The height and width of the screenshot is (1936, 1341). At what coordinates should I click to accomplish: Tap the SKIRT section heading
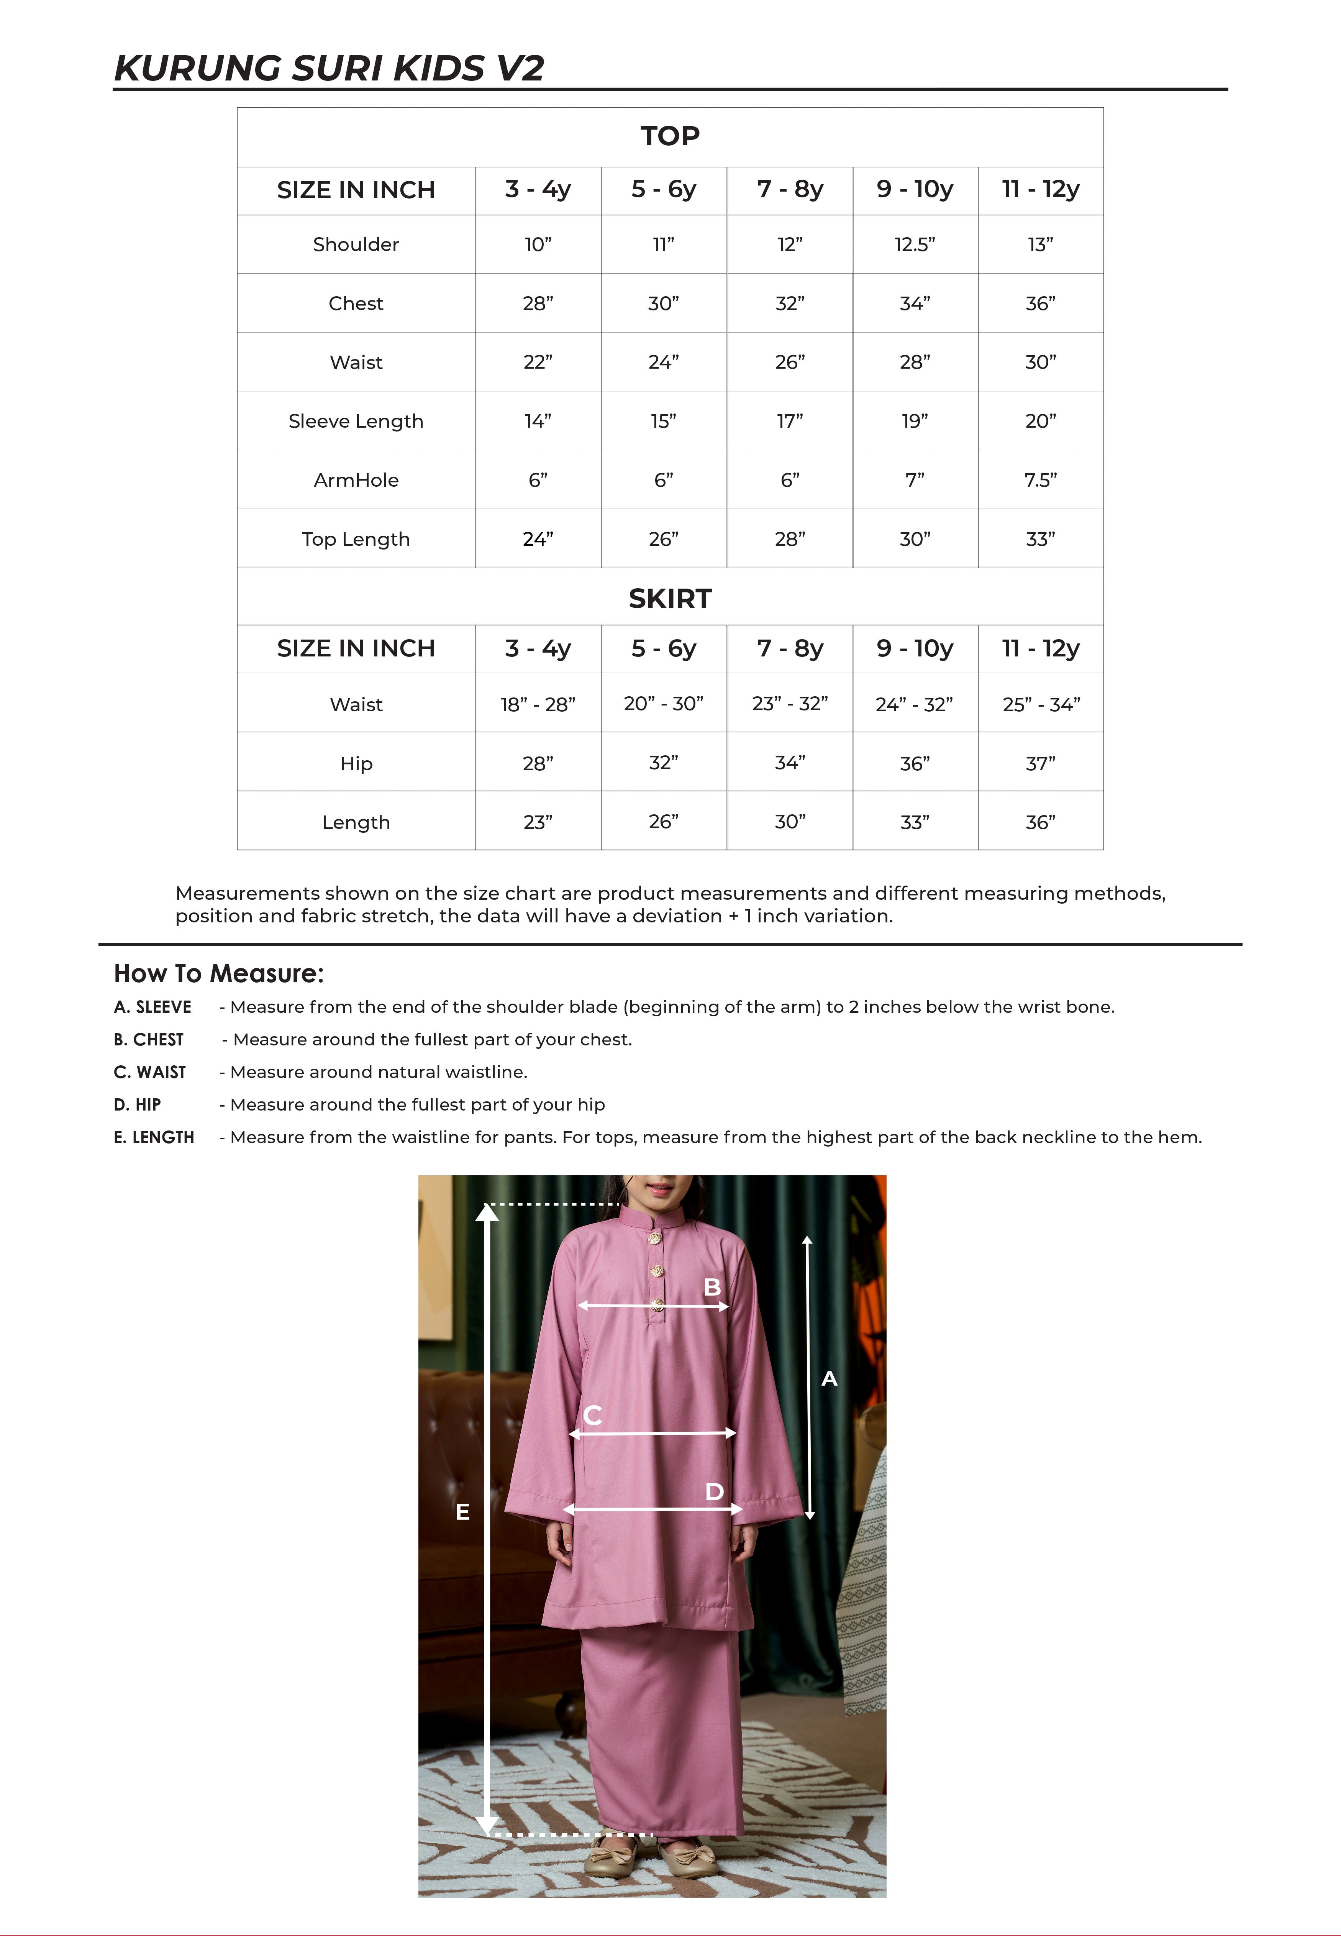coord(670,598)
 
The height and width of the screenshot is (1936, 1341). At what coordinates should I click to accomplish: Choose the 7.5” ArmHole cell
coord(1040,480)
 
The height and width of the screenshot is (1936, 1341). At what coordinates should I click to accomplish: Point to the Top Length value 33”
coord(1040,539)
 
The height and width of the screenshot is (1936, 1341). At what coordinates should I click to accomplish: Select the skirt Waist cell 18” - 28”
coord(538,704)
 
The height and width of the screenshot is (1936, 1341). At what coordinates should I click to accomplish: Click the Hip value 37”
coord(1040,763)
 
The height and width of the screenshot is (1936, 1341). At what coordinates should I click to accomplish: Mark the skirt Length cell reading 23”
coord(538,822)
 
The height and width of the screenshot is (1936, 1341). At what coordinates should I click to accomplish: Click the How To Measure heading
coord(218,973)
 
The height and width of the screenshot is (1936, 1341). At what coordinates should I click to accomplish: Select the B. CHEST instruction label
coord(149,1039)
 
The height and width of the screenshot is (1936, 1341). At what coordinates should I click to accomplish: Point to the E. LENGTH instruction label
coord(154,1137)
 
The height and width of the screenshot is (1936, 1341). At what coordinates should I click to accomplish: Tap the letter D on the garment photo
coord(714,1491)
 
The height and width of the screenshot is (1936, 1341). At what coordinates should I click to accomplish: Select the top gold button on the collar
coord(654,1238)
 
